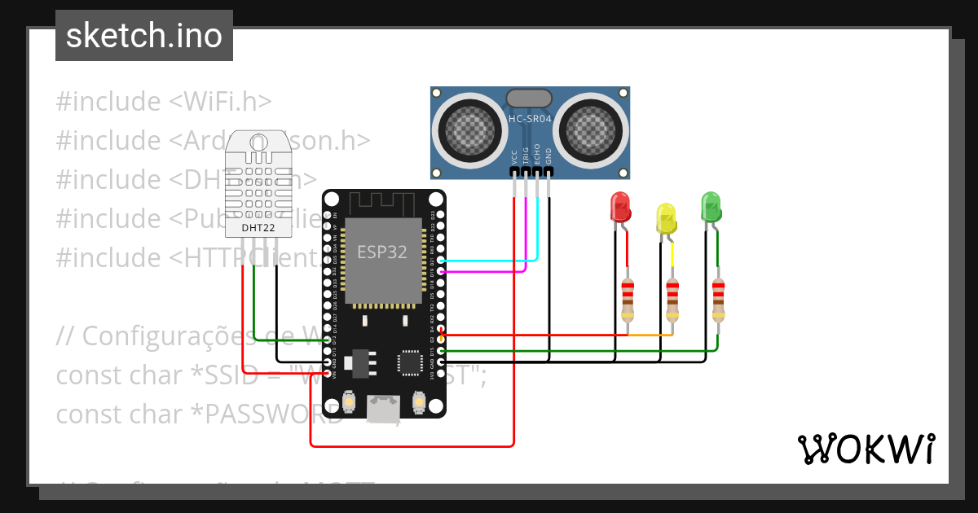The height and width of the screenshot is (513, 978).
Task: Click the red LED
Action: [x=621, y=208]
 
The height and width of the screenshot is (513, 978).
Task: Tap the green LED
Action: [x=711, y=207]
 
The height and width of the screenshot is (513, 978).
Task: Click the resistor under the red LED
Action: [x=628, y=301]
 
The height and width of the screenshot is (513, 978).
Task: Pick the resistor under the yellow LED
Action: [x=672, y=301]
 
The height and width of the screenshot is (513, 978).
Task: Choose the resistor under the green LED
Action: [x=718, y=301]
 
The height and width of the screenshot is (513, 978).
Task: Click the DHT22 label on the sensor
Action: [x=258, y=228]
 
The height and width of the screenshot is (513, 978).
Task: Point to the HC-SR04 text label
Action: [x=530, y=119]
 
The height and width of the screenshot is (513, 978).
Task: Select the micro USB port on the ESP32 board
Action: [x=383, y=406]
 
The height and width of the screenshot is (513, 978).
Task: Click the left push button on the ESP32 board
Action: [x=349, y=401]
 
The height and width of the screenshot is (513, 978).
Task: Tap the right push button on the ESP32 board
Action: [x=419, y=401]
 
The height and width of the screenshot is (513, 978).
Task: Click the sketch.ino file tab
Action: [x=144, y=36]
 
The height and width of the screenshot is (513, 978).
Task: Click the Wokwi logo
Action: [x=866, y=449]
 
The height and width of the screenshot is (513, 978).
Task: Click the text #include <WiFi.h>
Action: [x=164, y=102]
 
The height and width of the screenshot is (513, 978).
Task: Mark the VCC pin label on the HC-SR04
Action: [x=514, y=156]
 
